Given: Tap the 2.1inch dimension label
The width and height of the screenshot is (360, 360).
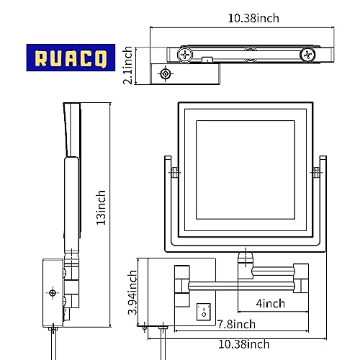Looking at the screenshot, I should [128, 65].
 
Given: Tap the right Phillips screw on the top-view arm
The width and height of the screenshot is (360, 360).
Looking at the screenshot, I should [307, 53].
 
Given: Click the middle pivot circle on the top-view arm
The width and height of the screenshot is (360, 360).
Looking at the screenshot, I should [249, 53].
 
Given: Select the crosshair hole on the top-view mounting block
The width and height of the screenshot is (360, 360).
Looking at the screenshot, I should [167, 74].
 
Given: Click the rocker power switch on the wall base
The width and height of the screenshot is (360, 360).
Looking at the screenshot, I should [204, 312].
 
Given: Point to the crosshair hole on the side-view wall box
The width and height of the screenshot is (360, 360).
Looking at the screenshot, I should [53, 293].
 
